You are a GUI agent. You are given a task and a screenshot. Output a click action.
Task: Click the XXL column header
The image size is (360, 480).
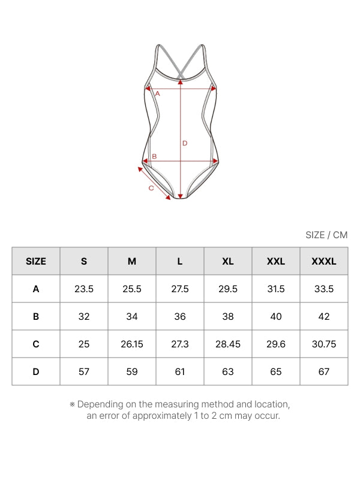[276, 261]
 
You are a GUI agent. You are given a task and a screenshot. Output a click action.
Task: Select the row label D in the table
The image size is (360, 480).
[36, 371]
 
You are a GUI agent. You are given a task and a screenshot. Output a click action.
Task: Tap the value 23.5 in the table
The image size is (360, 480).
[84, 289]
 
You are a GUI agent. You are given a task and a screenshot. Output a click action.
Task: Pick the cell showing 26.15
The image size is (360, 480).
[132, 344]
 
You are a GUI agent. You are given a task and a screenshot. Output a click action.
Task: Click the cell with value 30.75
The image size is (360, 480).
[324, 344]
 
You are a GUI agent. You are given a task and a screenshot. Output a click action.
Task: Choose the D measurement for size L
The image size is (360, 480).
[179, 371]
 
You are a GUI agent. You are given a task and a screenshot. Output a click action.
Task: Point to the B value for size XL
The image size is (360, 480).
[228, 317]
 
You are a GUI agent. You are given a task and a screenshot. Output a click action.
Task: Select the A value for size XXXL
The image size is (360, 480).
[324, 289]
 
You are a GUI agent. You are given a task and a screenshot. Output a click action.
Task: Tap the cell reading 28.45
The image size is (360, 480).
[228, 344]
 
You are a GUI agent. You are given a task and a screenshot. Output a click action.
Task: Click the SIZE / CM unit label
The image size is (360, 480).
[326, 235]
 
